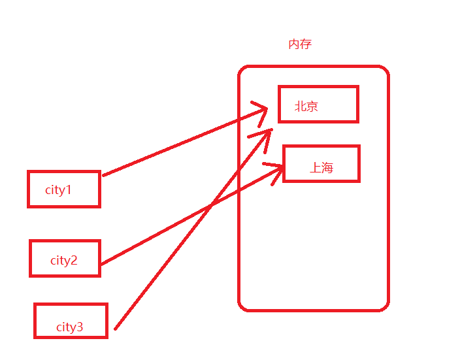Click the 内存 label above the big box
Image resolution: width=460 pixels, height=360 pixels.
[300, 44]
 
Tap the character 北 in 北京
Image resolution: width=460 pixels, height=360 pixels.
[301, 106]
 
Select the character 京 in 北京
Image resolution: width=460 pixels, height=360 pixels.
[312, 106]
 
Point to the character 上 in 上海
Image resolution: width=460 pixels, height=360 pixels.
[315, 168]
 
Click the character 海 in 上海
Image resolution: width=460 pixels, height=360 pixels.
[327, 168]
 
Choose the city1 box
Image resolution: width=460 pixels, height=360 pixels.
[63, 189]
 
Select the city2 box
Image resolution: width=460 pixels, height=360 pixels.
[65, 259]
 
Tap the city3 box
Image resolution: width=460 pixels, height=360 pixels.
[71, 321]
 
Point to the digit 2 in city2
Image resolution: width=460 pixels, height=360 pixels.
[74, 260]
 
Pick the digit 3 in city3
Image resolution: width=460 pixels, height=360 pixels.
[80, 327]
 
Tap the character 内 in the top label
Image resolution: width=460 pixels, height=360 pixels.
[294, 44]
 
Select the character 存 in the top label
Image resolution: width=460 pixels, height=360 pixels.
[306, 44]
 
